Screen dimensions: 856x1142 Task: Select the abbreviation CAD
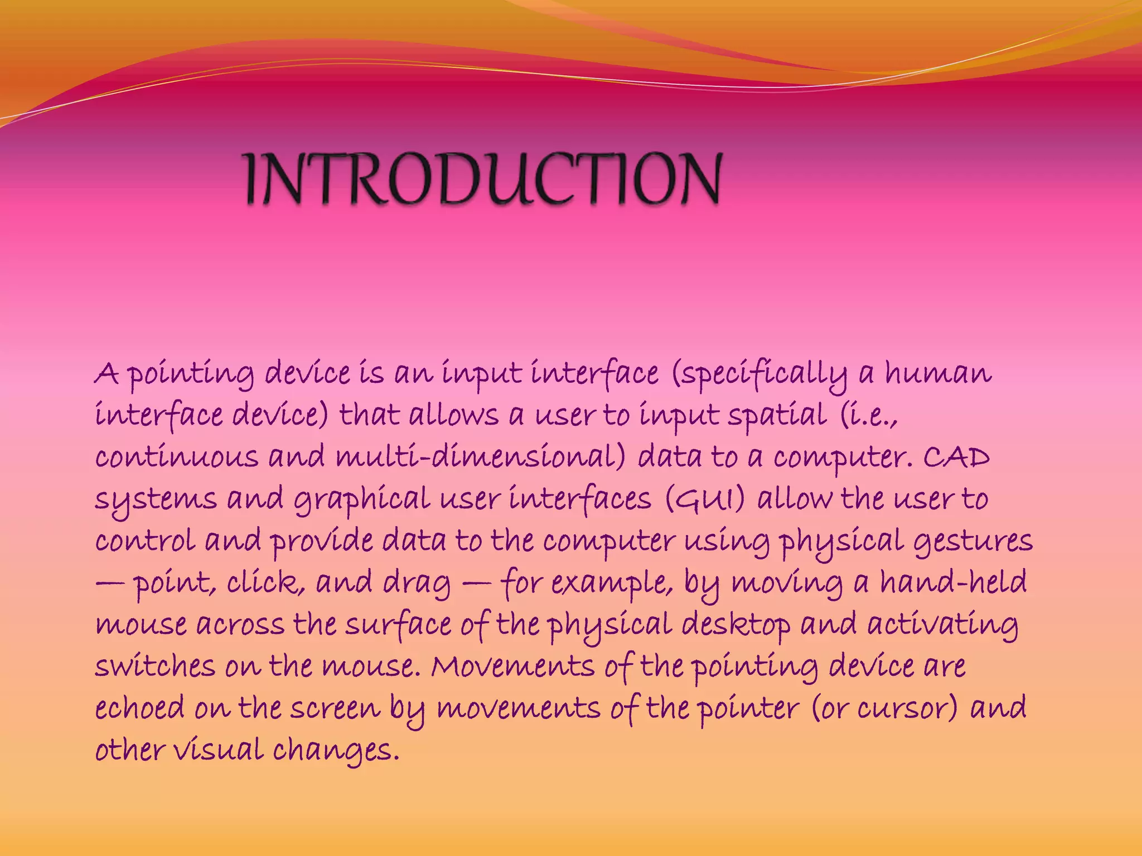(x=956, y=458)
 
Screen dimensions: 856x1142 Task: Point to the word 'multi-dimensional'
(x=481, y=457)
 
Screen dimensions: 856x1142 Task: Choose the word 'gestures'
(x=973, y=541)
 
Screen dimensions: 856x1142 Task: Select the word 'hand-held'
(x=953, y=582)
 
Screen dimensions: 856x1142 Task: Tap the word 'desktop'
(x=735, y=625)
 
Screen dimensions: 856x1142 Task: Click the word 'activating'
(x=942, y=625)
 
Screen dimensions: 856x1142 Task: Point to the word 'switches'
(x=155, y=667)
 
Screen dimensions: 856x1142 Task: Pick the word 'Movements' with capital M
(x=512, y=667)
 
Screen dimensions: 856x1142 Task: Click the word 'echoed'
(x=139, y=708)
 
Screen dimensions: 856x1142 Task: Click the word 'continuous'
(x=176, y=458)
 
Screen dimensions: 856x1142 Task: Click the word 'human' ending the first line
(x=938, y=373)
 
